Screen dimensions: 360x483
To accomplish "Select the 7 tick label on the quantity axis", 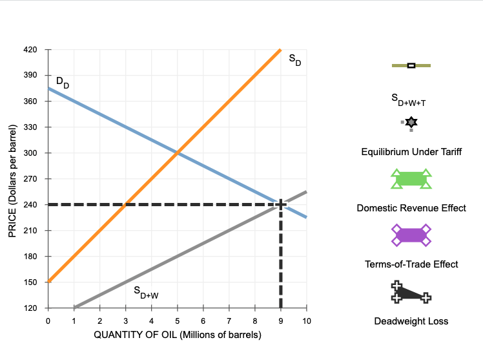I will tap(229, 321).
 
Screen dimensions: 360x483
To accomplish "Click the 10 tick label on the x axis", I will tap(306, 321).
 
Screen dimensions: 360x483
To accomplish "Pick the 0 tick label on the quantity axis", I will tap(48, 321).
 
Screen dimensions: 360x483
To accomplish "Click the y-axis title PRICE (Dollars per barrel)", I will tap(12, 179).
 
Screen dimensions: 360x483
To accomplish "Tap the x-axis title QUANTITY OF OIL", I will tap(177, 335).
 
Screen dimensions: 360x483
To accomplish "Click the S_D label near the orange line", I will tap(294, 59).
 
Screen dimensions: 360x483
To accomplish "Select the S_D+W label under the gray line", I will tap(145, 293).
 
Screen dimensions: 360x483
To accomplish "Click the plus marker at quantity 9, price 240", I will tap(280, 205).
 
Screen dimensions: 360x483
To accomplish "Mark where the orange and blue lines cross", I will tap(177, 153).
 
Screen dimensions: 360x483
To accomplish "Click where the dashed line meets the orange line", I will tap(125, 205).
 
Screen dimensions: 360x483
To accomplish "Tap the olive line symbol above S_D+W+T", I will tap(411, 65).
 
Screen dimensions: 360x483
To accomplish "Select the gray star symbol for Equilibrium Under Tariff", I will tap(411, 122).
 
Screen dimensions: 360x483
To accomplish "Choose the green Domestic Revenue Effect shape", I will tap(411, 179).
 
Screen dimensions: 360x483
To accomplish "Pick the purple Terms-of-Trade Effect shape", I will tap(411, 235).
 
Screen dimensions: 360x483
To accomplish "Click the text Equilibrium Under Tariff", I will tap(411, 151).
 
